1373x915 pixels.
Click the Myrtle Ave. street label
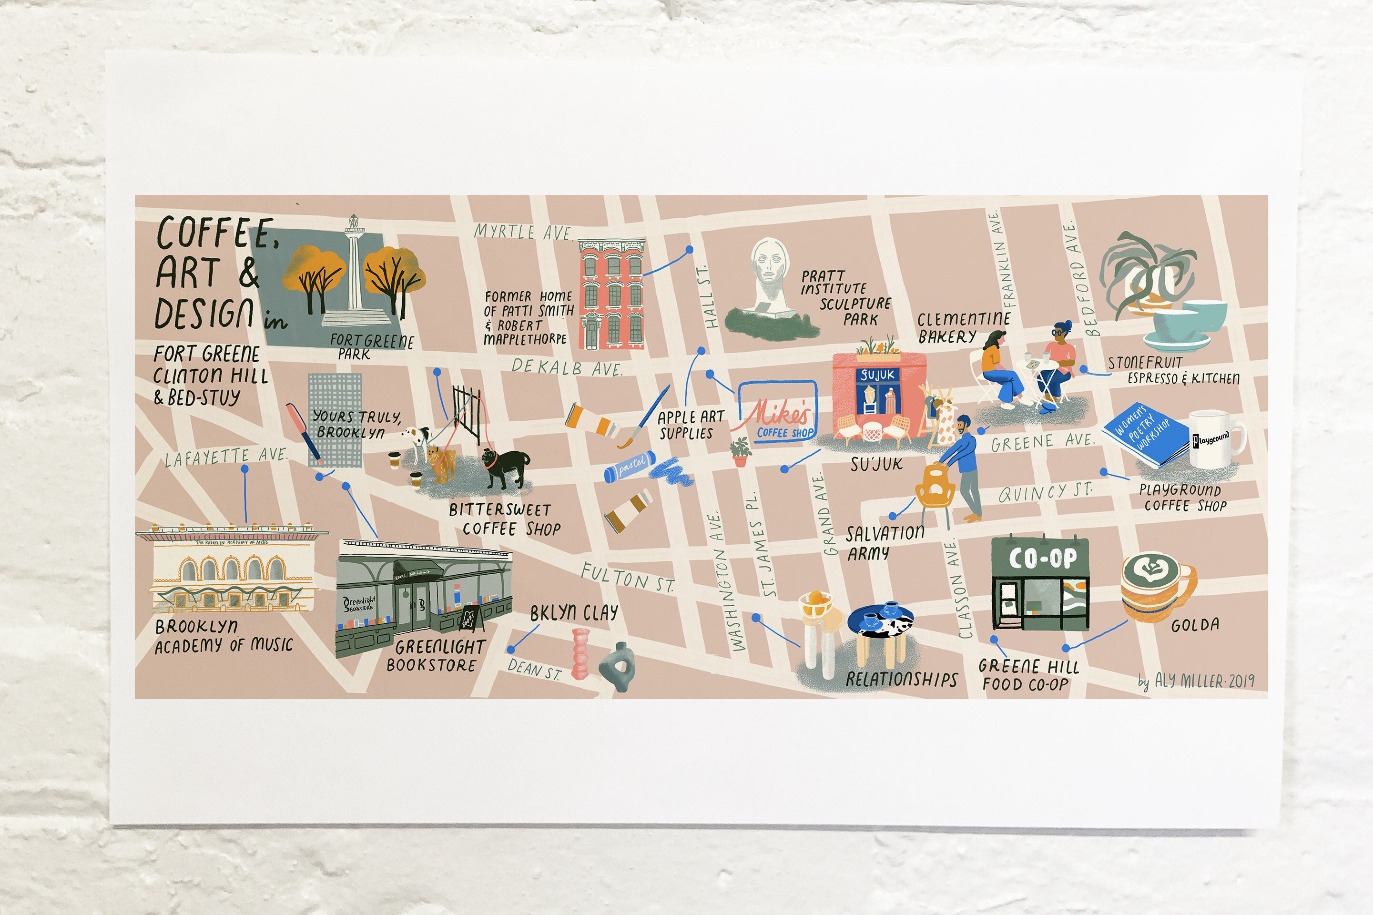coord(523,232)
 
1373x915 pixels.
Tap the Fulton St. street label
coord(627,577)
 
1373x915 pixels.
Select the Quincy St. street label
coord(1045,492)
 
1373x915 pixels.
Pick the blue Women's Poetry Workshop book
coord(1145,435)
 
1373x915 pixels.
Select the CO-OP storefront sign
coord(1042,559)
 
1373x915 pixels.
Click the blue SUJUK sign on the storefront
coord(876,374)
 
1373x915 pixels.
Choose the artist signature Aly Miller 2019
coord(1196,681)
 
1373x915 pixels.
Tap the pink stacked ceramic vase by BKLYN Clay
coord(580,653)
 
